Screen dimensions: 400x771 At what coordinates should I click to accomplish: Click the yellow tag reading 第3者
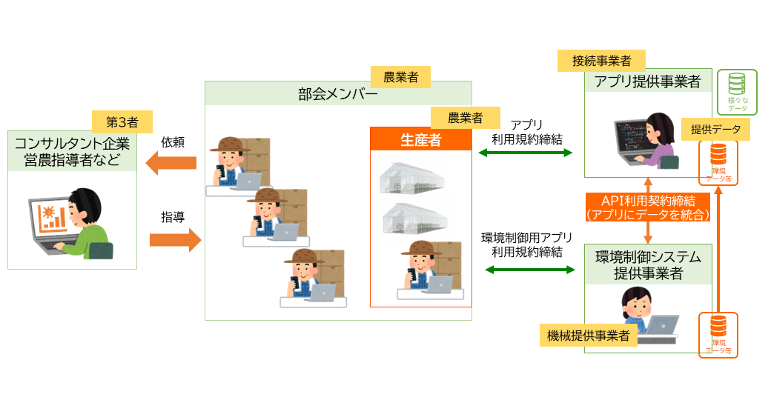tap(122, 121)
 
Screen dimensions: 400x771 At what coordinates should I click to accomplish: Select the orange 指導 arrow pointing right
tap(175, 240)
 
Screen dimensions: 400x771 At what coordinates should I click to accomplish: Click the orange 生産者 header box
tap(420, 139)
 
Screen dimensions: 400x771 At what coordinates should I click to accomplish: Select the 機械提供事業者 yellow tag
tap(588, 336)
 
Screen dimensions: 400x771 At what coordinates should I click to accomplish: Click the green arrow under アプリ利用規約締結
tap(526, 153)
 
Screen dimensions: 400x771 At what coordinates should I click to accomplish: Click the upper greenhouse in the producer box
tap(413, 178)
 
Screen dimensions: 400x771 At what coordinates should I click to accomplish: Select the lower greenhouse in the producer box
tap(413, 219)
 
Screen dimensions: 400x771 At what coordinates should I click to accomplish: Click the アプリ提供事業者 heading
tap(646, 81)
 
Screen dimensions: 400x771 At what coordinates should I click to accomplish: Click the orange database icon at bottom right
tap(718, 334)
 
